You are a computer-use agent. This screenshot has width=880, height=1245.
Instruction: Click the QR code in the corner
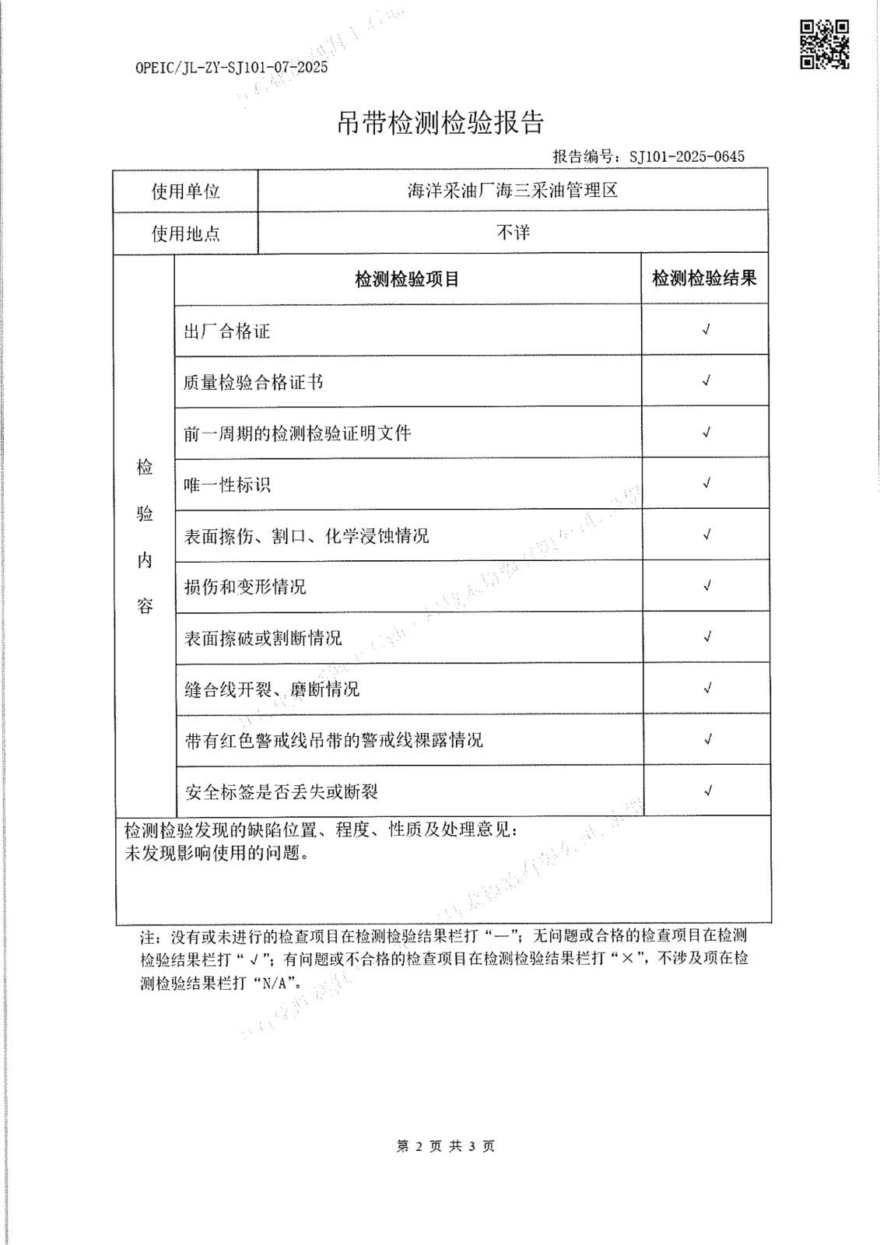824,45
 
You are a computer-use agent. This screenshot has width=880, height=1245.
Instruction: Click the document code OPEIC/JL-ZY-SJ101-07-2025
232,67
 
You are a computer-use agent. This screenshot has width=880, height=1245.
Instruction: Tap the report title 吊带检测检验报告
440,122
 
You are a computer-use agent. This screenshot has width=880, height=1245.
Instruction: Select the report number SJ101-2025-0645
687,156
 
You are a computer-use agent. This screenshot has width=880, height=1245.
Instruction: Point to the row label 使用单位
186,191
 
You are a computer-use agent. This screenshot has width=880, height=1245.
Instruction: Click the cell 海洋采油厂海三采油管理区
513,191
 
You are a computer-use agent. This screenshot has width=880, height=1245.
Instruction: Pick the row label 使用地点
186,233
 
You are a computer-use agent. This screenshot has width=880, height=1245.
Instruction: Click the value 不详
513,233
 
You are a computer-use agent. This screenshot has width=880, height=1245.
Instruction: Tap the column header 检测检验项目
407,279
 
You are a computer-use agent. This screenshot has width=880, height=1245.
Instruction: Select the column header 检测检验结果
704,279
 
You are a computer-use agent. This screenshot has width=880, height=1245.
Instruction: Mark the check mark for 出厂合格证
706,330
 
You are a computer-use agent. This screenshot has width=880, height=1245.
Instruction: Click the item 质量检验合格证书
253,382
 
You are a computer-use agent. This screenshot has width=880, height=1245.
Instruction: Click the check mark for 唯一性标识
706,483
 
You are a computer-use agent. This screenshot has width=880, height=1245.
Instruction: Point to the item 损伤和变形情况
245,587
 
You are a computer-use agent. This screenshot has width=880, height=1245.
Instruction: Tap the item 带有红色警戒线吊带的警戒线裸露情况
333,740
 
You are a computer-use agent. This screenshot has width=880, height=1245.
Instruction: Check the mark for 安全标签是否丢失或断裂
707,791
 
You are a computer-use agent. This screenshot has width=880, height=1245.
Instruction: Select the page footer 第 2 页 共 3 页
445,1146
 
